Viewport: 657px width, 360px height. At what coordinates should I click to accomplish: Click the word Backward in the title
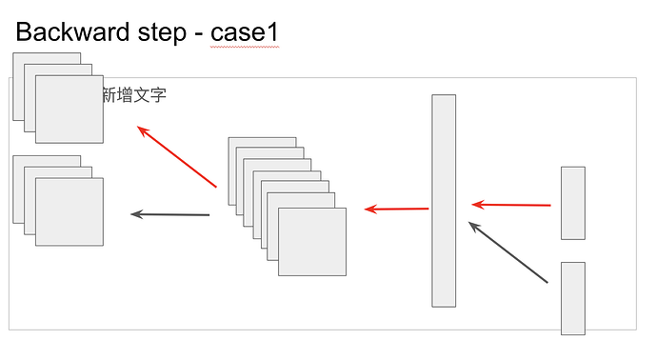(72, 31)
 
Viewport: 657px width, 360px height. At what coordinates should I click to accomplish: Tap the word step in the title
(162, 33)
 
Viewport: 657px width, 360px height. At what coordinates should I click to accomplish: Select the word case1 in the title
(245, 32)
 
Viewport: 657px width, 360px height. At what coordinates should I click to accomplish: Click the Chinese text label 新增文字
(134, 95)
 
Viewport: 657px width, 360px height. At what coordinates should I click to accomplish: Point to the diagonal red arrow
(177, 156)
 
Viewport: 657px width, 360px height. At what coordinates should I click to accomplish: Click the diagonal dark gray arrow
(508, 252)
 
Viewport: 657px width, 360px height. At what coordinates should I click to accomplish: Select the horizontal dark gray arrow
(170, 214)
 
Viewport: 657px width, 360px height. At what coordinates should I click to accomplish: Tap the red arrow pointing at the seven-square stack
(396, 209)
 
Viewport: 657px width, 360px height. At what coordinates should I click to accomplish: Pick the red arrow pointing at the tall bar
(511, 205)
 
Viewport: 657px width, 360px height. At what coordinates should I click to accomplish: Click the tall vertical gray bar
(444, 201)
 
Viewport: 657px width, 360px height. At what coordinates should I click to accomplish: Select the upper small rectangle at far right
(573, 203)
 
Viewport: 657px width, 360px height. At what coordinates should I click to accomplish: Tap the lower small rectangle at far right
(573, 298)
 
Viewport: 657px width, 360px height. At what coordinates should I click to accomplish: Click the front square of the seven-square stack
(312, 242)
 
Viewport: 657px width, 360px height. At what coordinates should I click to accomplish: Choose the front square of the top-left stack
(70, 110)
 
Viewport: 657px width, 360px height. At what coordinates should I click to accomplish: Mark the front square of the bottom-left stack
(70, 211)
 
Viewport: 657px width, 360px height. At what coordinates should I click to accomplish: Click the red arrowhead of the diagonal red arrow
(143, 130)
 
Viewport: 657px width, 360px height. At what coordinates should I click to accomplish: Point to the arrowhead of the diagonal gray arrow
(474, 227)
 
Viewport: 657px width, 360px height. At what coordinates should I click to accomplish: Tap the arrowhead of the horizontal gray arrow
(136, 214)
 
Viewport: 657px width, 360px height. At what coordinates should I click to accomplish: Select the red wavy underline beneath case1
(245, 47)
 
